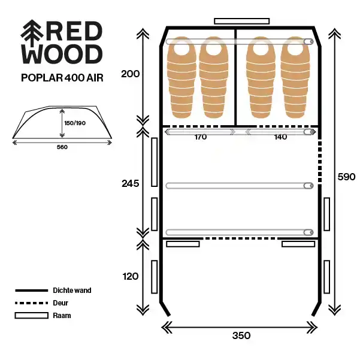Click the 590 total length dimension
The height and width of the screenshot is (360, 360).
346,177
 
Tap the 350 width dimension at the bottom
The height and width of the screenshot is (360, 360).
241,335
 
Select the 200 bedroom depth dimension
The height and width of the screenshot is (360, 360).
130,74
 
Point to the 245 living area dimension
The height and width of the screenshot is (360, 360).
130,183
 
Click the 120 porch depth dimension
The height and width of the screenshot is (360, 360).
130,276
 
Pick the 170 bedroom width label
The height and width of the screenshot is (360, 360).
201,137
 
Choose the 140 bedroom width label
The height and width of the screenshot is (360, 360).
280,137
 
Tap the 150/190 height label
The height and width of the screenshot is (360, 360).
75,123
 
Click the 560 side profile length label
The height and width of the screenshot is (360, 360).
62,147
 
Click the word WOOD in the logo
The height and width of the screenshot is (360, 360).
62,54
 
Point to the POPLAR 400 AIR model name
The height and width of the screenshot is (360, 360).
62,78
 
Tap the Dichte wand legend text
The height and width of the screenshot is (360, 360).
72,291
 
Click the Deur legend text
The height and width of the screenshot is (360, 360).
60,303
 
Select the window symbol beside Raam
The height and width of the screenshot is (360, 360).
32,316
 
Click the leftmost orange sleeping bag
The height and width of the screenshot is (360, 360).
181,77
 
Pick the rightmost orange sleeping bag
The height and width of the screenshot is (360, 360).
295,77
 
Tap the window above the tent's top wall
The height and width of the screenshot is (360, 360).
242,21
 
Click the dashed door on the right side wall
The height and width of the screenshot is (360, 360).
320,162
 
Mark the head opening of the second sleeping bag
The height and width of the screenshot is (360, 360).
214,49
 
